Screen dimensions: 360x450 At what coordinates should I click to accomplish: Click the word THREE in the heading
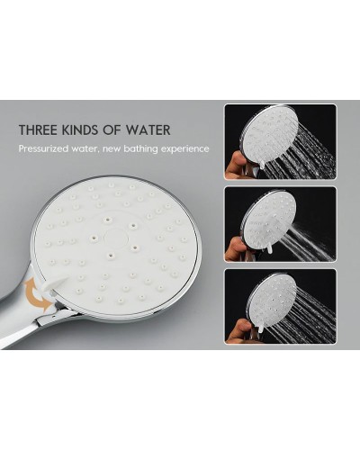coord(38,130)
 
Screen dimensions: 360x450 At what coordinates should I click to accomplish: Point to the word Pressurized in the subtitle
coord(43,148)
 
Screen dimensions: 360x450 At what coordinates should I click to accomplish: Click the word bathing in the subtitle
coord(140,148)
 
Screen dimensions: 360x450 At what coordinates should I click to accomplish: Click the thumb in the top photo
coord(236,162)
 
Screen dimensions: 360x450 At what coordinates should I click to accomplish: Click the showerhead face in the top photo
coord(271,134)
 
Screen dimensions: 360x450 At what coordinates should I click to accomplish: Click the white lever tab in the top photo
coord(262,164)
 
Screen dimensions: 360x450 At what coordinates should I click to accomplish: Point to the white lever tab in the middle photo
coord(269,247)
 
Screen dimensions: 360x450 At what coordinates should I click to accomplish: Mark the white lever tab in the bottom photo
coord(261,328)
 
